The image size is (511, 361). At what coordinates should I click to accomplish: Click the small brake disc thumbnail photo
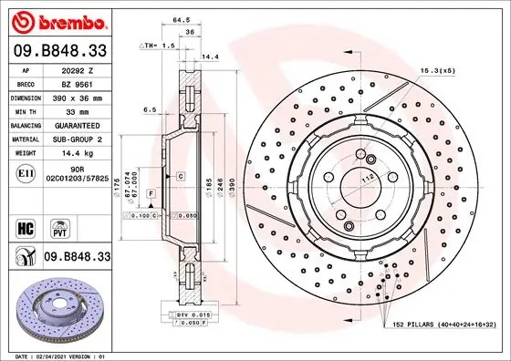coord(57,306)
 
